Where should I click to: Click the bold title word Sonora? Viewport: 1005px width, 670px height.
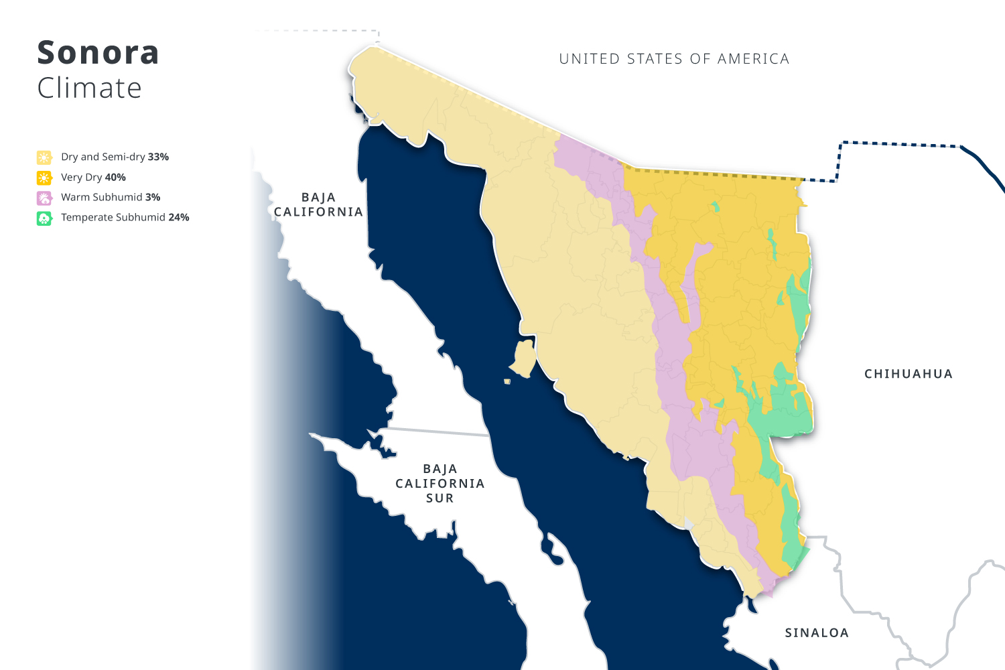tap(98, 53)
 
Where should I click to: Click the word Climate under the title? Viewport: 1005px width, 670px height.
tap(89, 88)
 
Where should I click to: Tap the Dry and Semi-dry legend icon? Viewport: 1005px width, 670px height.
tap(44, 157)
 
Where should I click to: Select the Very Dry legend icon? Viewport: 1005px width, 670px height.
tap(44, 178)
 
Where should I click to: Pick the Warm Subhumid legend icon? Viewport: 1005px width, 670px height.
tap(44, 198)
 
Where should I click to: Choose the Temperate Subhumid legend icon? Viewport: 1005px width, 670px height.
tap(44, 218)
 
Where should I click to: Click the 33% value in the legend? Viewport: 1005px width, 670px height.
tap(159, 157)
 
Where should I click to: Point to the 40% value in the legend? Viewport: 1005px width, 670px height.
tap(115, 177)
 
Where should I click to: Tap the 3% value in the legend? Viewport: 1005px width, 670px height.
tap(153, 197)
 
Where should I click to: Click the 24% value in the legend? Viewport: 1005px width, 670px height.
tap(179, 217)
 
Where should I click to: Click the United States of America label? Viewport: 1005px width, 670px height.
tap(674, 59)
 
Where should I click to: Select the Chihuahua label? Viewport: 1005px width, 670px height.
tap(908, 374)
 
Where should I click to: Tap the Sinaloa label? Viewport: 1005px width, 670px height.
tap(817, 632)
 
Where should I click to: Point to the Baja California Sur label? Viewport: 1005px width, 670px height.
tap(440, 483)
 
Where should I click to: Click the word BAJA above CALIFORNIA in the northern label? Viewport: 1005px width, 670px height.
tap(318, 198)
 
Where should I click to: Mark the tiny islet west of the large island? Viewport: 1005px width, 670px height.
tap(507, 381)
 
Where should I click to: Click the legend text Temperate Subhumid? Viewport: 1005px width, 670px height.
tap(113, 217)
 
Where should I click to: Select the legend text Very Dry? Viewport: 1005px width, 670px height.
tap(82, 177)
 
